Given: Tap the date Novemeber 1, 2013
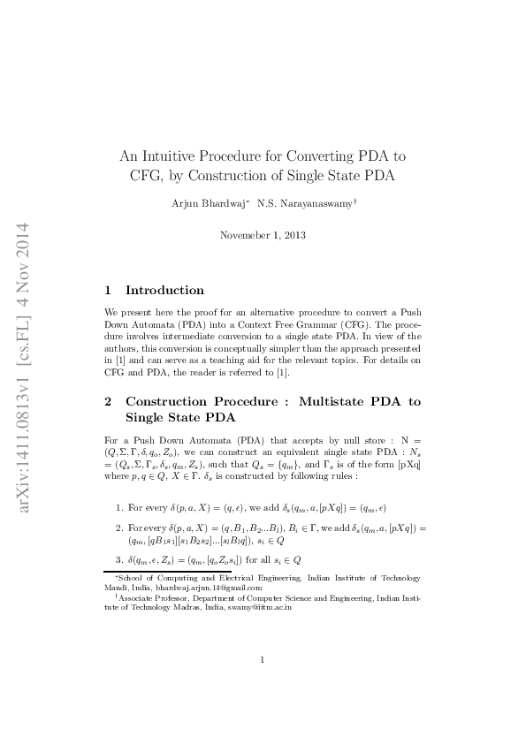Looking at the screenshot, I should [x=262, y=235].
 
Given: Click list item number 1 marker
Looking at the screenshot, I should [x=119, y=508].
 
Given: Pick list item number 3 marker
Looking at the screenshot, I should [x=119, y=559].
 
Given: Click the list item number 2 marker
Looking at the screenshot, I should [x=119, y=528].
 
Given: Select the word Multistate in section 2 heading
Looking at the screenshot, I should [x=338, y=401].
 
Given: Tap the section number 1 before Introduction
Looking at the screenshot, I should [x=108, y=290].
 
